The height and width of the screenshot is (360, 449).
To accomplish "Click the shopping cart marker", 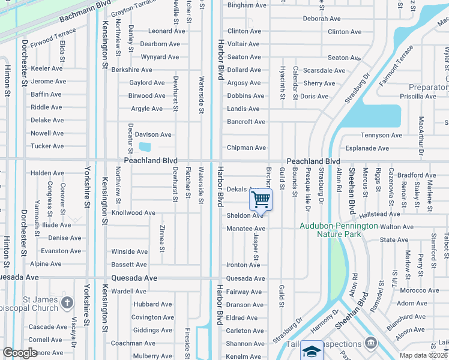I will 261,199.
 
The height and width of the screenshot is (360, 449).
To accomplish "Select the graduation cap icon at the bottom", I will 312,351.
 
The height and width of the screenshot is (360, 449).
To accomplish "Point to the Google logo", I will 20,353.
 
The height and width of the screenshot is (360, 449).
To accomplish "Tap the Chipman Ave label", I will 246,148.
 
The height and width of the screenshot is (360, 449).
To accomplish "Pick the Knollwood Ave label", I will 133,213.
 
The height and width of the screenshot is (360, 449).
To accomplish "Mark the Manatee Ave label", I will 246,229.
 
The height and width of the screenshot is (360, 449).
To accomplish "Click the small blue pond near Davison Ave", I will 145,146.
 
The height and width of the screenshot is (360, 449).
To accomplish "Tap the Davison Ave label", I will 153,134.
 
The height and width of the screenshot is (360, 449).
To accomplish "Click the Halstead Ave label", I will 380,214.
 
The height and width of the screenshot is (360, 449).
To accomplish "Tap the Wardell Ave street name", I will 129,292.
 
